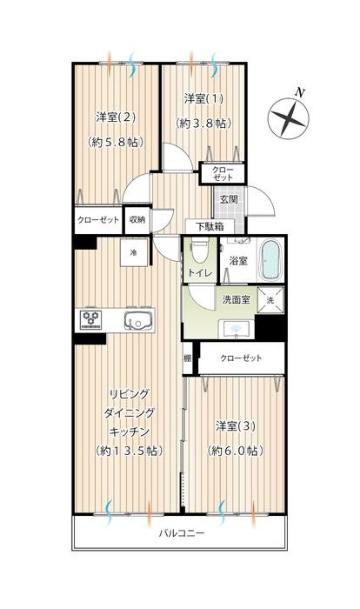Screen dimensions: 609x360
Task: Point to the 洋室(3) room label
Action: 235,426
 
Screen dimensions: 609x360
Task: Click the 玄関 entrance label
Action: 229,200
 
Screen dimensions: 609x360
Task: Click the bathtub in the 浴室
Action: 270,258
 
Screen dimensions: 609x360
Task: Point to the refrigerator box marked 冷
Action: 134,251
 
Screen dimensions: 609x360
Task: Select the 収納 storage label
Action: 138,219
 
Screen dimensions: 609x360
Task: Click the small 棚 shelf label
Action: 187,358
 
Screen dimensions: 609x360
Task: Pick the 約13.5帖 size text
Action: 127,451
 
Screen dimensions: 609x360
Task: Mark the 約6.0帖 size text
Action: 235,451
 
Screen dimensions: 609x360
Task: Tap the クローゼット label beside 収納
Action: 97,219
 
